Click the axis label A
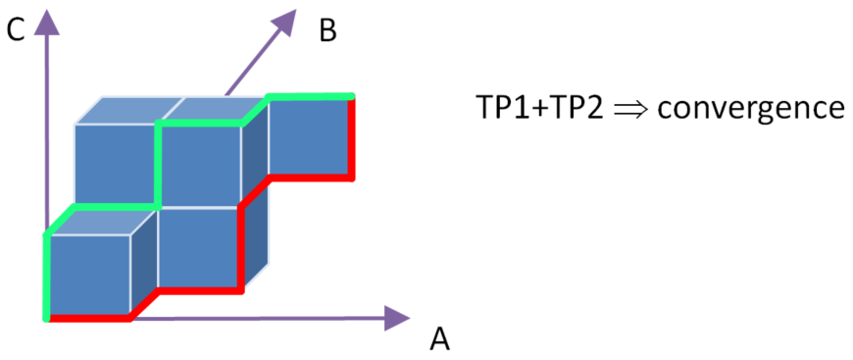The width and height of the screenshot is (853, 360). (x=439, y=339)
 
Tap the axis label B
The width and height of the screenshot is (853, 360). (x=328, y=31)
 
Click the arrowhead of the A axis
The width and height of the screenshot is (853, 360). (x=397, y=318)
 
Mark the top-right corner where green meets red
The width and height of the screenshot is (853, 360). (x=352, y=97)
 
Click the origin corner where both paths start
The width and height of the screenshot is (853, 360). (x=47, y=318)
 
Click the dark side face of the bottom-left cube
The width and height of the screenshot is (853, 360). (x=143, y=262)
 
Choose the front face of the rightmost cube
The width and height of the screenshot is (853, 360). (x=309, y=137)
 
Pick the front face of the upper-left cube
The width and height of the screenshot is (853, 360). (x=115, y=165)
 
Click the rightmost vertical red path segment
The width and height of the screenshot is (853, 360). (x=352, y=137)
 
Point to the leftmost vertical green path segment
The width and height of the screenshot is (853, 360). (x=47, y=276)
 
